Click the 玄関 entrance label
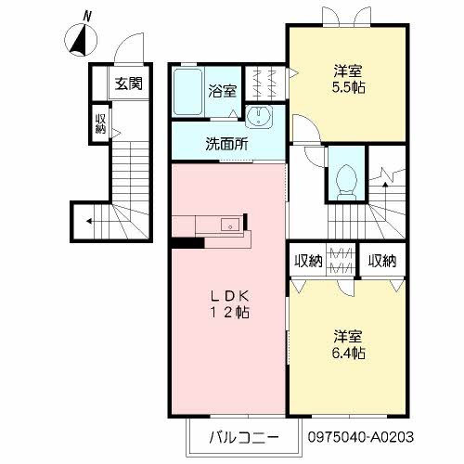tap(129, 84)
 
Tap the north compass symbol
tap(81, 40)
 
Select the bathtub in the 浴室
tap(187, 92)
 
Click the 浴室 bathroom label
tap(223, 91)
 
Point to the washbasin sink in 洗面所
tap(259, 116)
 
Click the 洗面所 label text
tap(227, 144)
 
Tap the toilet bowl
tap(346, 183)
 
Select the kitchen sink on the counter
tap(230, 225)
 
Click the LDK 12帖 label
tap(230, 304)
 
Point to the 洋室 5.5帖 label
tap(348, 80)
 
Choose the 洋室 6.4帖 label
tap(348, 344)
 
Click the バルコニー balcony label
tap(244, 437)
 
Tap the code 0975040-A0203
tap(361, 437)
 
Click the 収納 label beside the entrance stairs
tap(100, 123)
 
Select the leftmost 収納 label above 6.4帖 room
tap(308, 262)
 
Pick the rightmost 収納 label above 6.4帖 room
tap(382, 262)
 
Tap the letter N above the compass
tap(88, 16)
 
